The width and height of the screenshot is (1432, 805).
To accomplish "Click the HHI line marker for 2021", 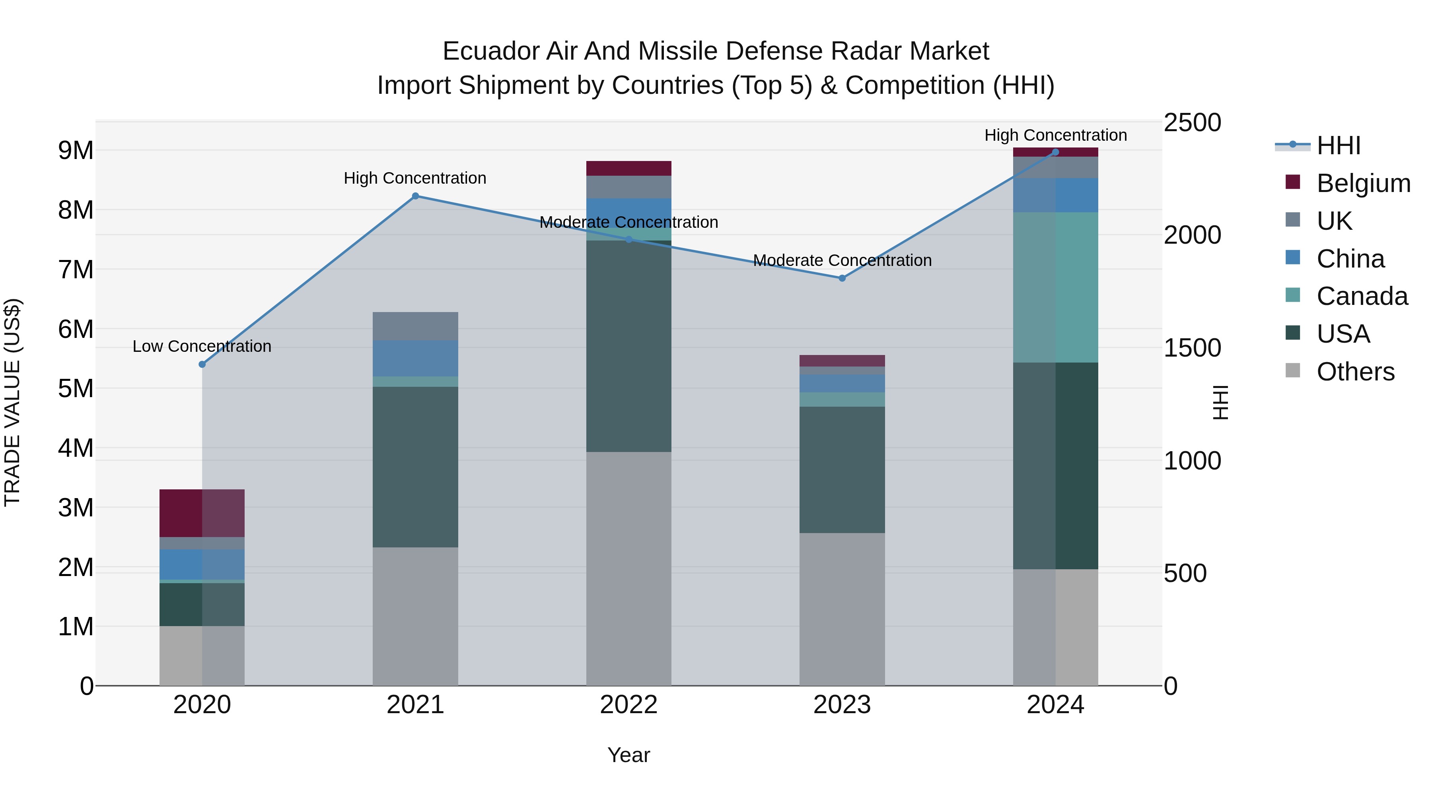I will tap(415, 196).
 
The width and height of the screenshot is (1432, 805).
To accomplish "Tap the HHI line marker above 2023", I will tap(842, 278).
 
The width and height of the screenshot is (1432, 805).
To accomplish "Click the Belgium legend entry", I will tap(1363, 183).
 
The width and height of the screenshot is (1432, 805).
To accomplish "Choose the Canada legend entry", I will tap(1362, 296).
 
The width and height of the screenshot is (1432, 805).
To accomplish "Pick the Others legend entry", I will tap(1355, 372).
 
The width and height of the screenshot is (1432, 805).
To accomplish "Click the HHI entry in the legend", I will tap(1338, 145).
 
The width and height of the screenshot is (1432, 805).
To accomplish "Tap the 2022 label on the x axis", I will tap(629, 705).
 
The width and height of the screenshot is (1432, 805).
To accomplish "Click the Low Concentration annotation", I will tap(202, 346).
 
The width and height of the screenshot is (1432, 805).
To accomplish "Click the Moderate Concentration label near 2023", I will tap(842, 260).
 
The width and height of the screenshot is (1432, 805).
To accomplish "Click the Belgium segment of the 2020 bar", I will tap(202, 513).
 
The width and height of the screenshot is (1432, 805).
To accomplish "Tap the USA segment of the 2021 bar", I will tap(415, 467).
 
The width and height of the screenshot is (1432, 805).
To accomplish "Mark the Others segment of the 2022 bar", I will tap(629, 568).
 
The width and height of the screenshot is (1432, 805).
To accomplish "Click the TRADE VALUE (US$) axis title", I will tap(12, 402).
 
